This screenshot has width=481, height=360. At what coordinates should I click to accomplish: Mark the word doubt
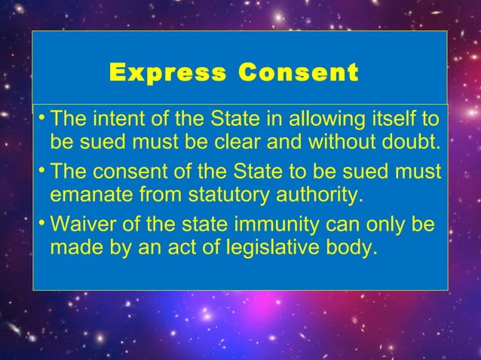(413, 142)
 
